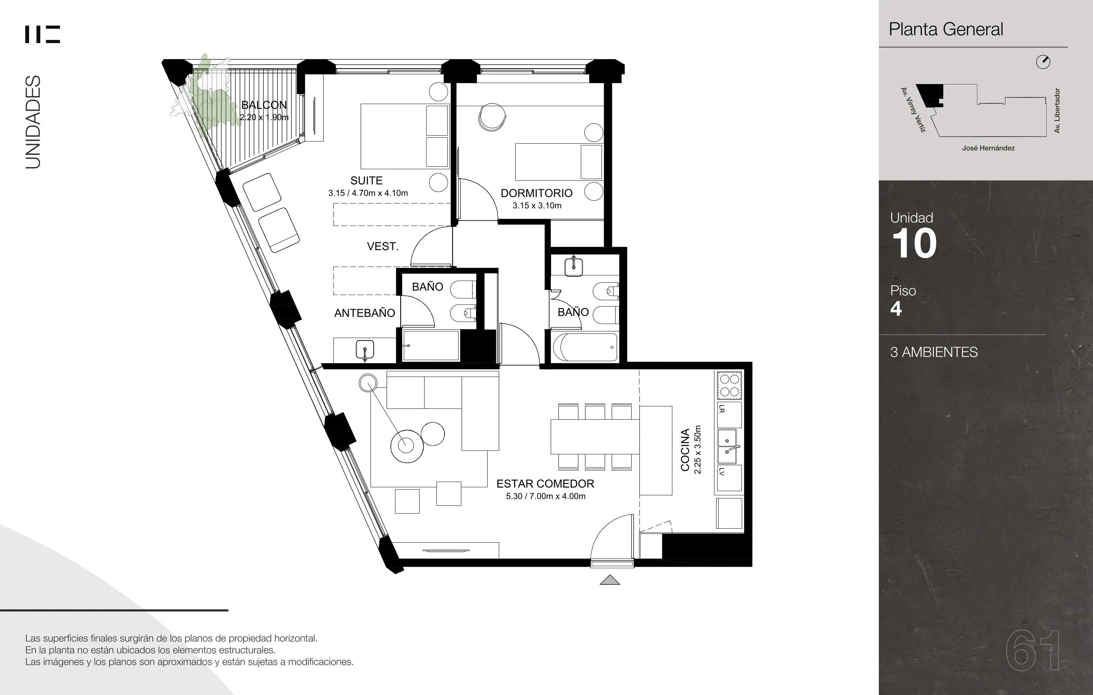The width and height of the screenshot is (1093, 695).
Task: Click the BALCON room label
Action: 264,105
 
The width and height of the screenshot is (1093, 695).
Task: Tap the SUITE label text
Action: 366,180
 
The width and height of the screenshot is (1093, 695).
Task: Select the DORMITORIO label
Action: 537,193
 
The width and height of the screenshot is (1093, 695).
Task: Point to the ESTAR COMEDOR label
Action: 545,484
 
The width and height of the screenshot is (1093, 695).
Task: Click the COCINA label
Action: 685,449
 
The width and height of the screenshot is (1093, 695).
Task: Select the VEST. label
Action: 383,246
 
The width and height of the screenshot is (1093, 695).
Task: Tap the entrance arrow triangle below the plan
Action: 610,580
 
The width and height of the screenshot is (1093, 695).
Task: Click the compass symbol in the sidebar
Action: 1043,62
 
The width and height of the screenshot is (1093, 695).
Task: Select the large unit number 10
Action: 914,243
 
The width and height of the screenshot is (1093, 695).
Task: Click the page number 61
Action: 1033,651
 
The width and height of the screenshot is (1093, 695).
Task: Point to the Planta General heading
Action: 946,29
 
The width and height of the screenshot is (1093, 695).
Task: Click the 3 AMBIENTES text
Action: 934,352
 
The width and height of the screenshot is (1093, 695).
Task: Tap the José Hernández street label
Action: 988,148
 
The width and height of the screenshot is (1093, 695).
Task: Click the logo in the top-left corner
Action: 42,34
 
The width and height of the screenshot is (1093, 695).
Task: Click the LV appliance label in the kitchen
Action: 722,472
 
